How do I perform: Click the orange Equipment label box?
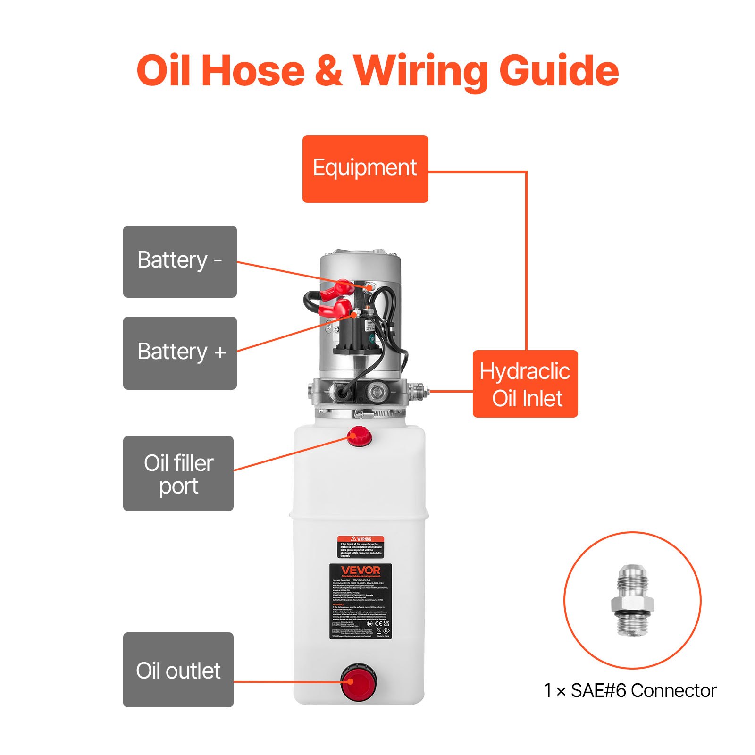(x=365, y=169)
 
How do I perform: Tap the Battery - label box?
(x=180, y=261)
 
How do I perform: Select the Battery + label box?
(x=180, y=353)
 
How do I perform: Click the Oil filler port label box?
(x=178, y=473)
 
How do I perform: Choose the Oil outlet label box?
(x=178, y=670)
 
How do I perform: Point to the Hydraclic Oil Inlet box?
(x=525, y=384)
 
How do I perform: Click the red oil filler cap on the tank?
(x=360, y=436)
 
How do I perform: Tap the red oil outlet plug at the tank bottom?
(x=359, y=682)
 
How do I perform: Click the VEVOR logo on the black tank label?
(x=361, y=570)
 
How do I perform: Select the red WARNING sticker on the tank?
(x=361, y=547)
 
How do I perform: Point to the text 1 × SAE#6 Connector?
(x=630, y=690)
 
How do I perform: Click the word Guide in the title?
(x=559, y=71)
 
